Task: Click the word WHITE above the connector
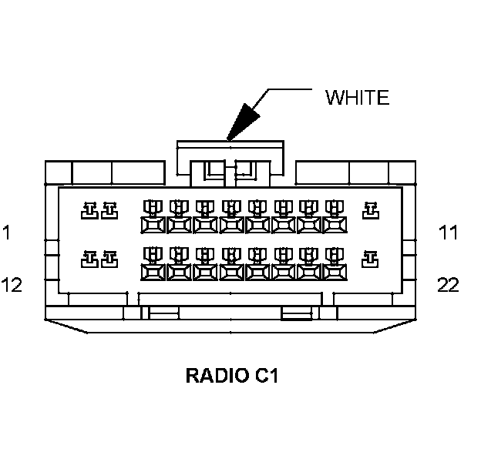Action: click(357, 98)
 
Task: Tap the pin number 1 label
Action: click(7, 232)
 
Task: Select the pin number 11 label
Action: click(448, 232)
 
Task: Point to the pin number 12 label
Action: click(12, 285)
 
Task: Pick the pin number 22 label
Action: click(448, 285)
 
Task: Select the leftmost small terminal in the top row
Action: click(89, 209)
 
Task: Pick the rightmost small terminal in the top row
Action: click(371, 209)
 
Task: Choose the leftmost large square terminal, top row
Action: click(153, 224)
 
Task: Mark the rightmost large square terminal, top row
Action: click(336, 224)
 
